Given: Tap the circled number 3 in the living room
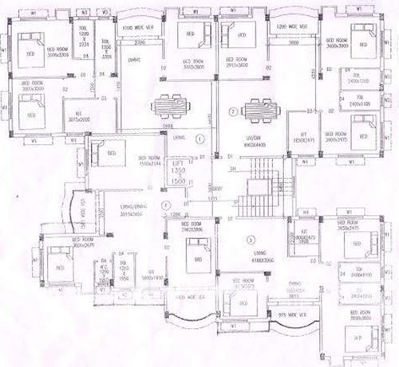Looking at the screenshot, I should click(250, 239).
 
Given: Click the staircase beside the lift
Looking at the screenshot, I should click(259, 188).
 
